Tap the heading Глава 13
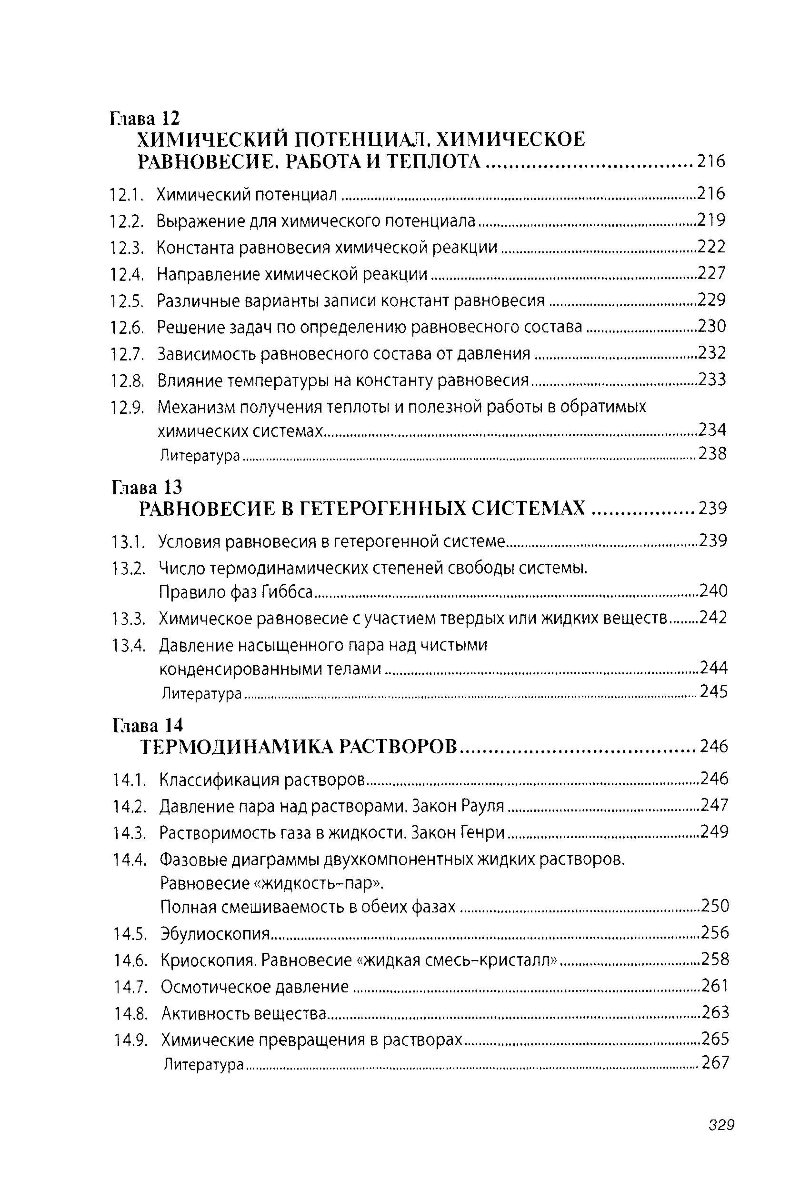click(x=147, y=487)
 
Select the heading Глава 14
click(x=148, y=725)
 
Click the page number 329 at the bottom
click(x=720, y=1140)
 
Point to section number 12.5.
click(x=126, y=300)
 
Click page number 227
click(x=711, y=273)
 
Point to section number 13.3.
click(x=127, y=618)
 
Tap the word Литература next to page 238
click(x=200, y=455)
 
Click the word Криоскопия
click(x=208, y=960)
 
